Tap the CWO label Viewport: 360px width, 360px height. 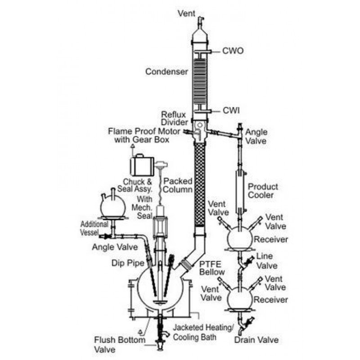point(233,50)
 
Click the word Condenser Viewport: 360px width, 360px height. point(166,72)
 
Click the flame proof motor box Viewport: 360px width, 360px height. point(142,165)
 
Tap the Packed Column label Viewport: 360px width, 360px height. point(178,185)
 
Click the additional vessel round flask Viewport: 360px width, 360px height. point(112,206)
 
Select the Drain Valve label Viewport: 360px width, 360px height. point(256,340)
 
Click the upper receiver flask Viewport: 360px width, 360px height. point(239,235)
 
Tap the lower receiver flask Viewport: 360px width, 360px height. point(239,297)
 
